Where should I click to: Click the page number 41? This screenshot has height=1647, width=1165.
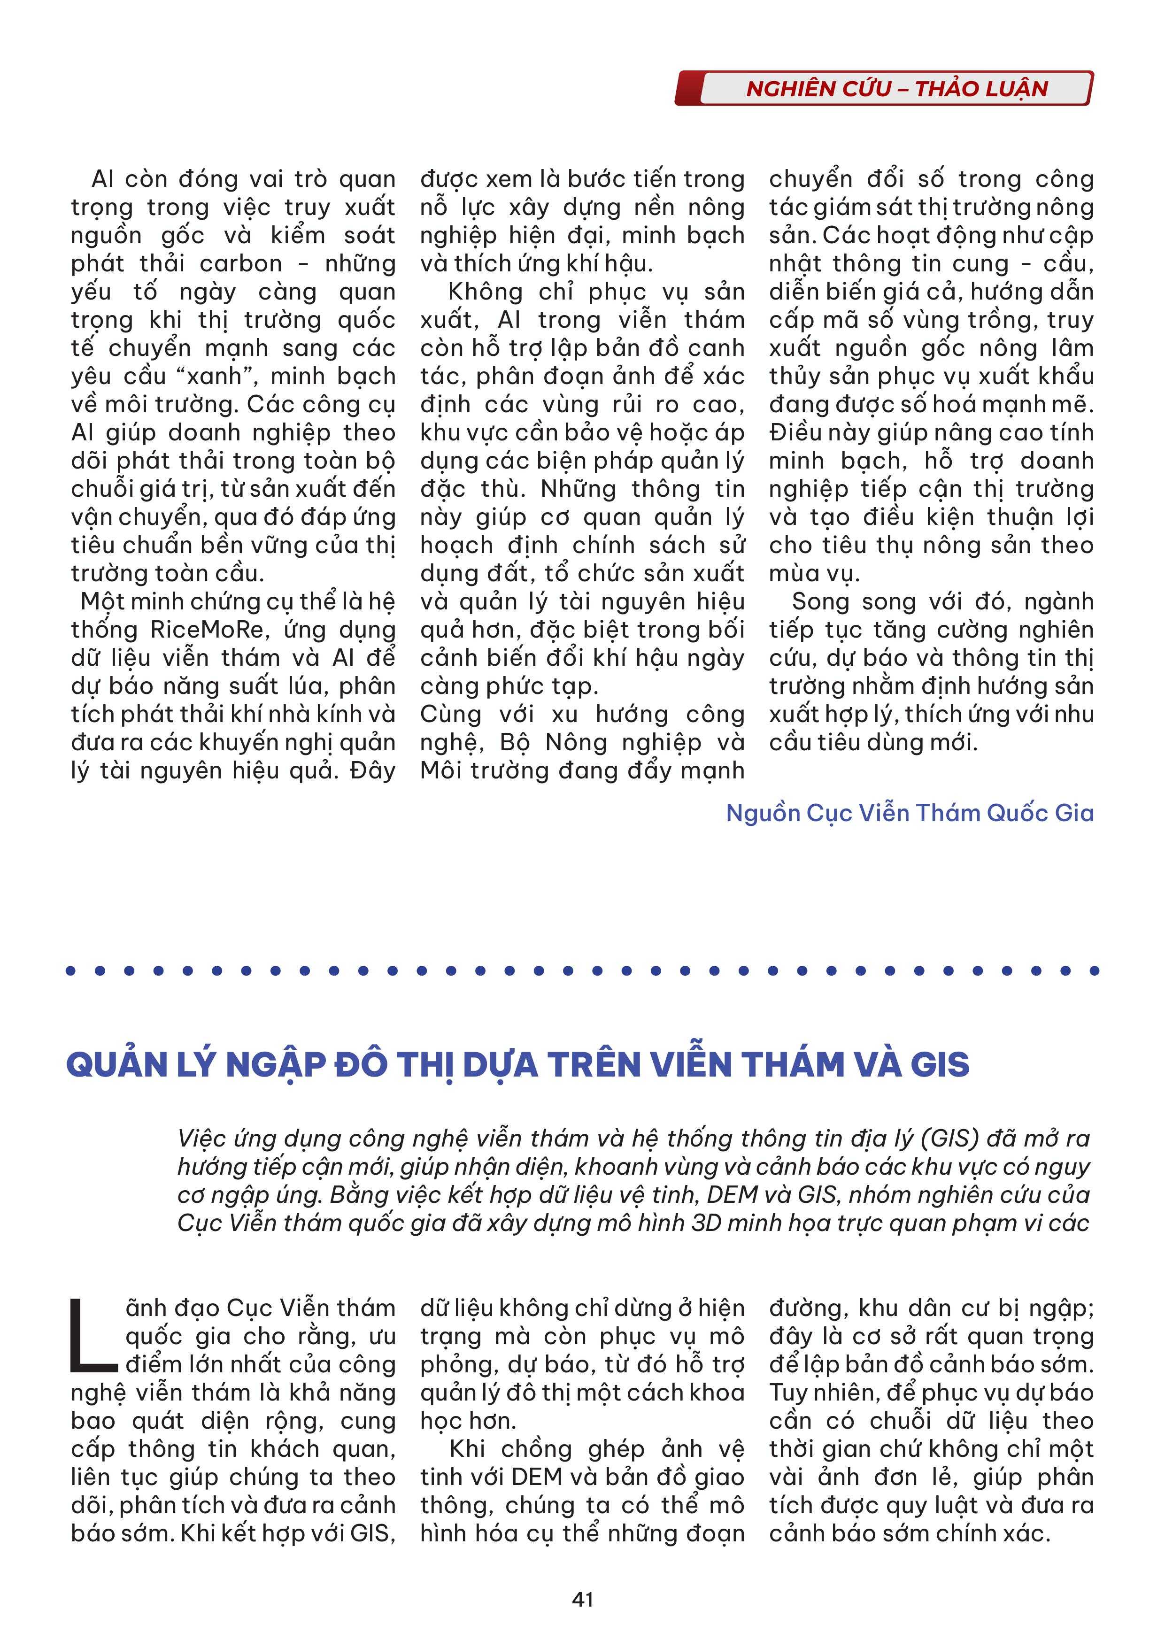coord(582,1599)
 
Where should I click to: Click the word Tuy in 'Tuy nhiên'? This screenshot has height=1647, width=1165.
coord(788,1393)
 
